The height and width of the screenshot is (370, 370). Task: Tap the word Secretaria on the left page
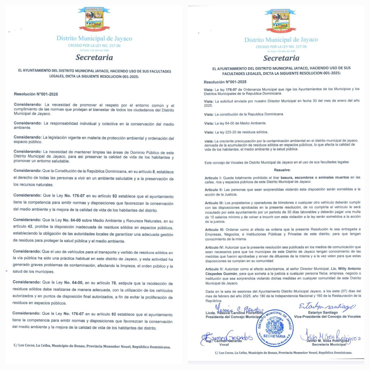[x=94, y=57]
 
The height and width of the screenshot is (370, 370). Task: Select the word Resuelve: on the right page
[x=282, y=170]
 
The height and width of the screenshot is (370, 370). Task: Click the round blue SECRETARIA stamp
[x=274, y=328]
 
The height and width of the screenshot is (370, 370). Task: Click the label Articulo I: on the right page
[x=213, y=178]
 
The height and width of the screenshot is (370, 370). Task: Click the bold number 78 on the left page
[x=114, y=283]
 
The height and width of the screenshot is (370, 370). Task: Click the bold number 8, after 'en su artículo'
[x=154, y=172]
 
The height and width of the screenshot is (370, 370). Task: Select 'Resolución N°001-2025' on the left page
[x=36, y=94]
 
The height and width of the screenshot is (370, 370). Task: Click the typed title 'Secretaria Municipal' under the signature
[x=329, y=345]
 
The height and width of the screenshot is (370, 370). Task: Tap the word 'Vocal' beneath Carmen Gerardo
[x=224, y=345]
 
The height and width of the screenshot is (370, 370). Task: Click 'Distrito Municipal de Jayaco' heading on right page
[x=281, y=40]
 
